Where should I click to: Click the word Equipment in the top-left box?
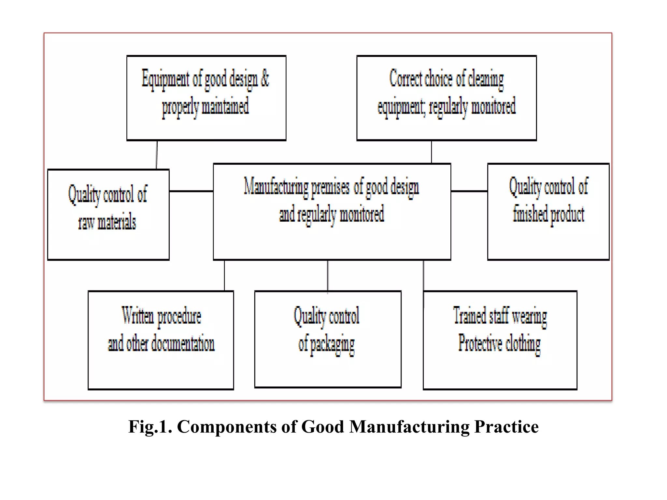(165, 79)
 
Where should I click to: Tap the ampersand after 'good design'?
(264, 78)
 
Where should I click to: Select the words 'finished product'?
(548, 214)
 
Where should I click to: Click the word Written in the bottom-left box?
(138, 315)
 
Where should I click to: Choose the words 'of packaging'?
(326, 344)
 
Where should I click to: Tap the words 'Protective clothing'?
(499, 343)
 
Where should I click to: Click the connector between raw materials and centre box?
(191, 191)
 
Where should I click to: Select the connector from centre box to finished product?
(469, 191)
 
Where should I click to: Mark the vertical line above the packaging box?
(328, 275)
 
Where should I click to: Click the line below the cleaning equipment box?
(432, 152)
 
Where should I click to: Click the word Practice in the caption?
(506, 427)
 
